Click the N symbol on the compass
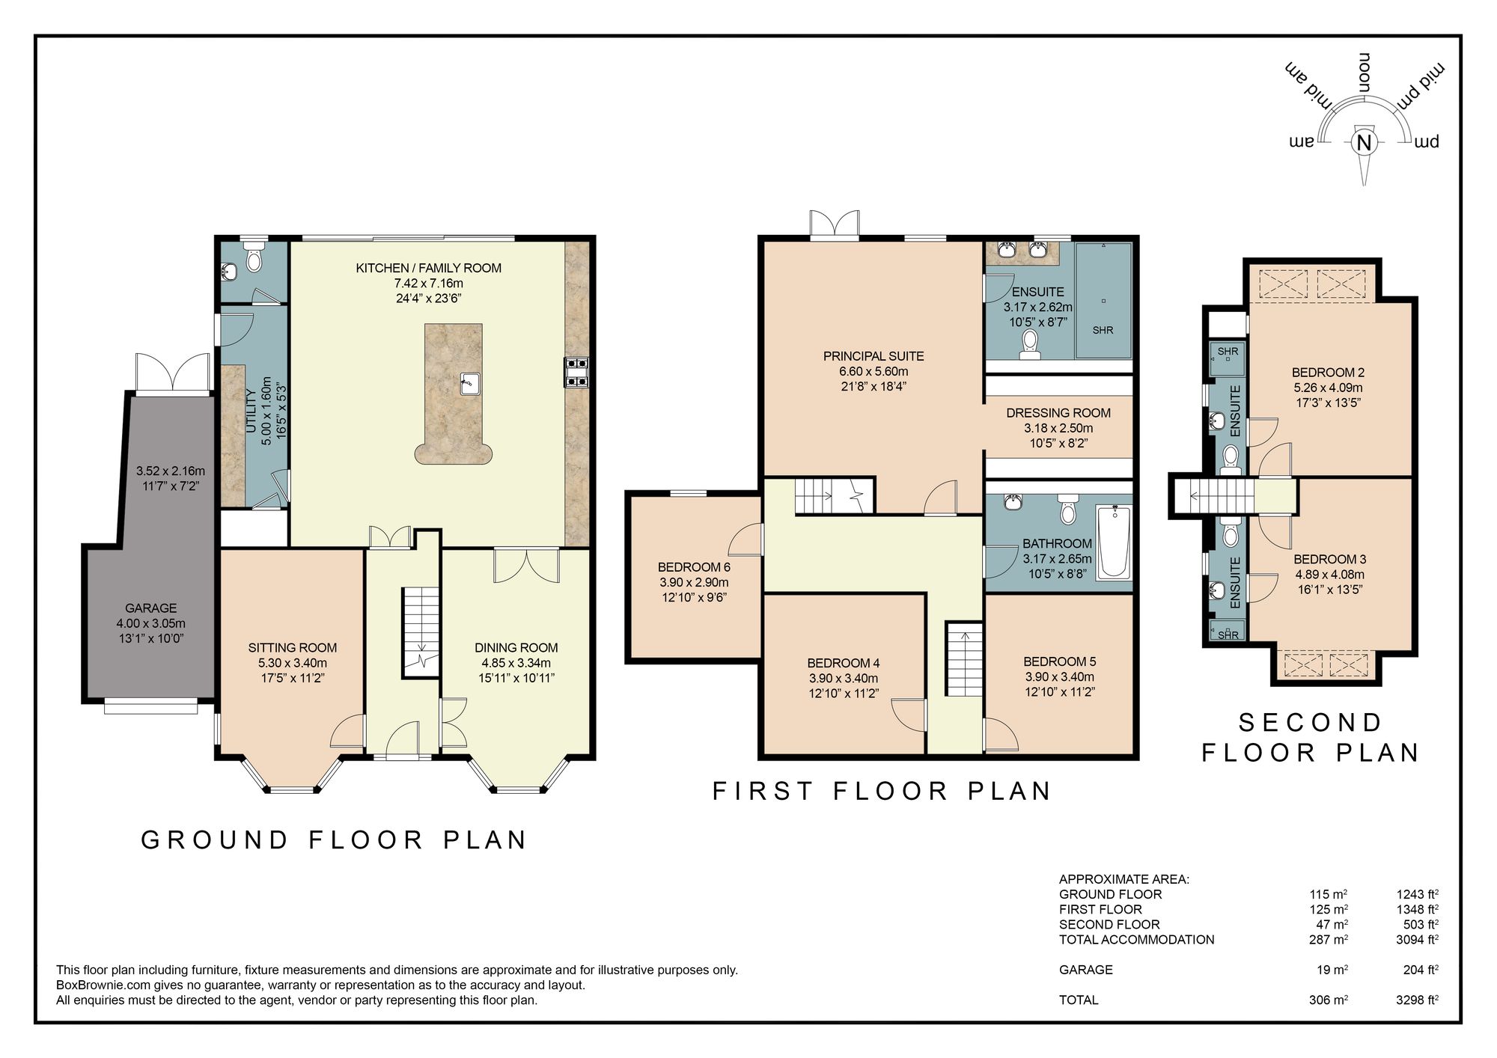[x=1364, y=143]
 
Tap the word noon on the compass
[x=1365, y=73]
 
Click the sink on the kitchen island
[x=469, y=383]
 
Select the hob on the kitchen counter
[x=576, y=372]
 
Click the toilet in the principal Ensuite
[x=1030, y=345]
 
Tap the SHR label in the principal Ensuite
[x=1103, y=330]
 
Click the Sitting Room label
[x=293, y=648]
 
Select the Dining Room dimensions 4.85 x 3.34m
[x=516, y=663]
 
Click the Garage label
[x=151, y=608]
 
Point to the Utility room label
[x=251, y=412]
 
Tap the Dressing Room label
[x=1058, y=413]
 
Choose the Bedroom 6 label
[x=694, y=567]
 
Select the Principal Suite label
[x=873, y=356]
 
